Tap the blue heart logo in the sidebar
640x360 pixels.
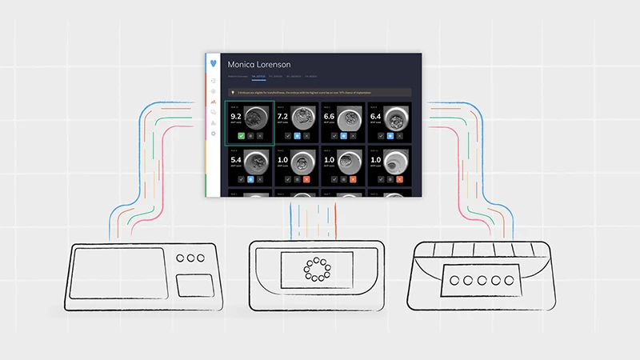point(212,63)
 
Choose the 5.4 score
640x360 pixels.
point(236,160)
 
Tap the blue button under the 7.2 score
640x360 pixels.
point(297,137)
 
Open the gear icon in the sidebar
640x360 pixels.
point(213,133)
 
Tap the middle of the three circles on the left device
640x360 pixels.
point(190,259)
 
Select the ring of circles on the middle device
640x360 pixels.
point(318,270)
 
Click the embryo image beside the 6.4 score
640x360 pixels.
point(397,118)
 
